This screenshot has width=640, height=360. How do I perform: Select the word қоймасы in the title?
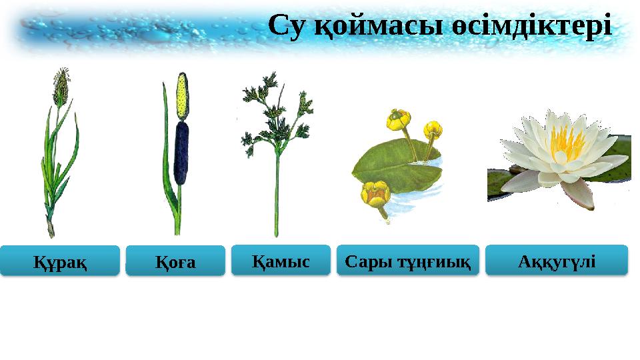click(368, 28)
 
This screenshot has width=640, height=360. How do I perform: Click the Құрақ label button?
click(60, 261)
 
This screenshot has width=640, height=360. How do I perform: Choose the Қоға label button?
click(175, 261)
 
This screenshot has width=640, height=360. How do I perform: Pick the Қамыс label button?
click(281, 260)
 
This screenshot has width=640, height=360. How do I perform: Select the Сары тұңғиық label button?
click(408, 260)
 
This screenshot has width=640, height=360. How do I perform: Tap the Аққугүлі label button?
click(557, 259)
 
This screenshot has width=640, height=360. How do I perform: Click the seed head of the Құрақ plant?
click(61, 87)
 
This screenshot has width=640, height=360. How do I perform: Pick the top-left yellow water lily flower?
click(399, 120)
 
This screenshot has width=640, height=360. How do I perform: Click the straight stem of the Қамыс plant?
click(276, 193)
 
